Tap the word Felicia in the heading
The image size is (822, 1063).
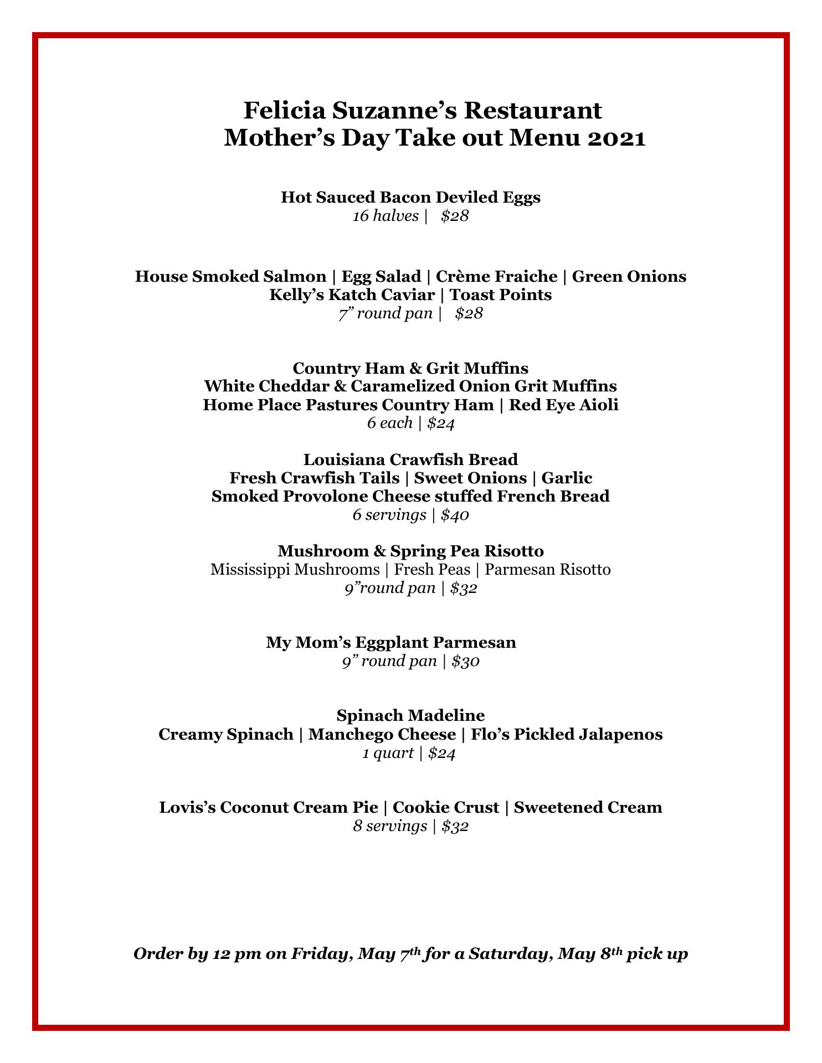point(284,110)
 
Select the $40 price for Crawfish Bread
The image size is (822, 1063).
point(455,515)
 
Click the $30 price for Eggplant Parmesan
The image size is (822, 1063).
point(465,661)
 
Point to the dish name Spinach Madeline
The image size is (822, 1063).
point(410,715)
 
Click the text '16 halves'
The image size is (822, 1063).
point(386,216)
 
